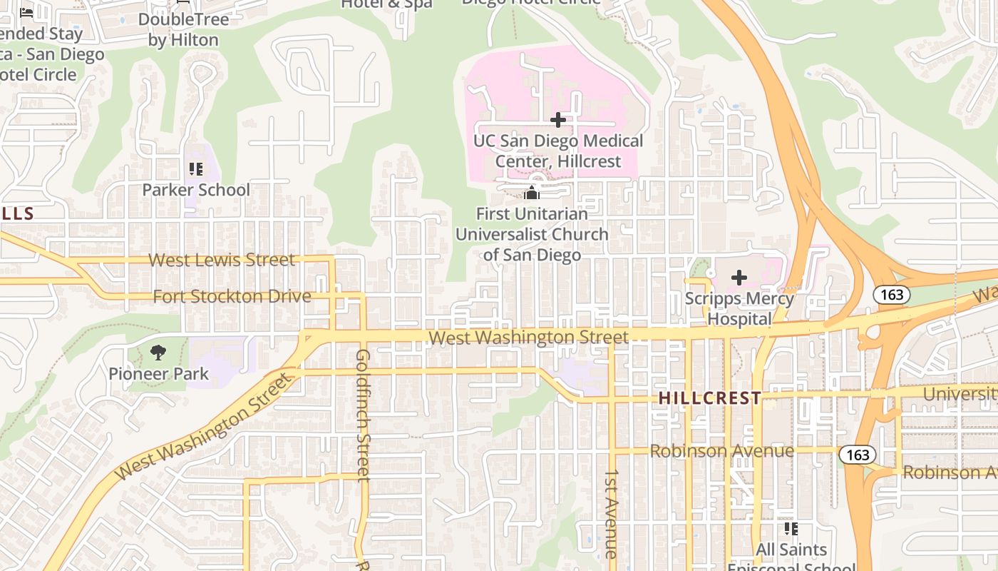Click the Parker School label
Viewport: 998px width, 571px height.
click(x=196, y=190)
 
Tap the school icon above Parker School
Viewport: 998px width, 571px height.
click(x=195, y=169)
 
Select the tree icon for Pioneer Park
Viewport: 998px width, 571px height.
click(x=158, y=352)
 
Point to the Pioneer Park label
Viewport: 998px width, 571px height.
click(x=158, y=373)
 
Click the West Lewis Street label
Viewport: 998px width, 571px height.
click(x=221, y=260)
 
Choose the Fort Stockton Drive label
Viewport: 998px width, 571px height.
click(x=232, y=296)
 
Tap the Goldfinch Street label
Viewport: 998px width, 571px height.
click(x=363, y=414)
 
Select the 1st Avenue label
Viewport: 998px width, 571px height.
click(x=611, y=514)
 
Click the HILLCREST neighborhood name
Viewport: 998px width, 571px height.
click(x=710, y=398)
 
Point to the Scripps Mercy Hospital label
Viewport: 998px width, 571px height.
click(x=739, y=308)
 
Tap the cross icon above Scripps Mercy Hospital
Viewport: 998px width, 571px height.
click(x=739, y=278)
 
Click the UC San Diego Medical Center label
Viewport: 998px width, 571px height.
click(x=558, y=151)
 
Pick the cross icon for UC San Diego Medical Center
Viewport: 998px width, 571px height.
click(x=558, y=120)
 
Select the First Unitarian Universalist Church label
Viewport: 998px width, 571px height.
click(x=532, y=234)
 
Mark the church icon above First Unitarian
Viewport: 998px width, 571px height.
click(x=532, y=193)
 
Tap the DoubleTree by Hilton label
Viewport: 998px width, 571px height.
click(x=183, y=29)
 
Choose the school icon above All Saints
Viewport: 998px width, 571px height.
click(x=791, y=529)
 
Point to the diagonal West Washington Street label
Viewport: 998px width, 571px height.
click(x=205, y=426)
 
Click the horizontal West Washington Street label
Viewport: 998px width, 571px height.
click(x=529, y=337)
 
